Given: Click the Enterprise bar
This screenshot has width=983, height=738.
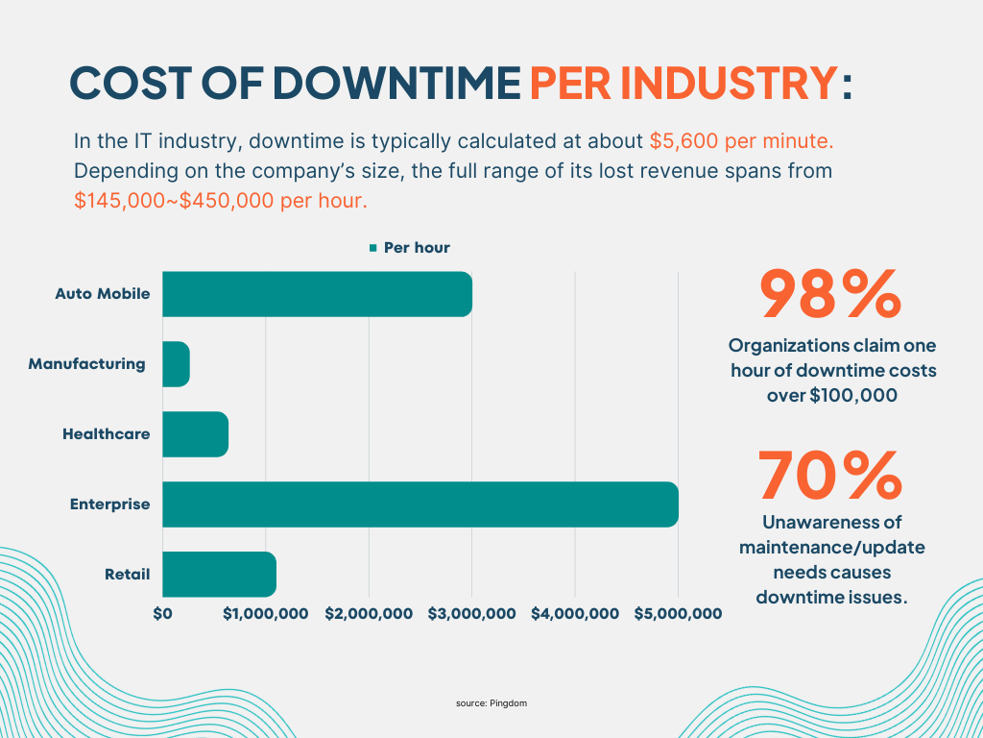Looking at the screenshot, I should [420, 504].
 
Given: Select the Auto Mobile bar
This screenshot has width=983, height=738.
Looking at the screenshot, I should [317, 294].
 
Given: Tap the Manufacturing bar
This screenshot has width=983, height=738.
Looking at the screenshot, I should [176, 364].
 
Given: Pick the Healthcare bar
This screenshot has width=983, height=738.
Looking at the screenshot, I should [195, 434].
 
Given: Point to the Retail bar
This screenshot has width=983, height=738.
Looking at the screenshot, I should [219, 575].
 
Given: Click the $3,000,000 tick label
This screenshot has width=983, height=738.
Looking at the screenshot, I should [472, 613].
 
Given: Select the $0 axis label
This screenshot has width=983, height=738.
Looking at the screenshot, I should [162, 613].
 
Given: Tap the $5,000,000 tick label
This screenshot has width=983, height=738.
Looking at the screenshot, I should [678, 613].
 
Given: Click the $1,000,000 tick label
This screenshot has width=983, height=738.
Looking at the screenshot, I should [266, 613].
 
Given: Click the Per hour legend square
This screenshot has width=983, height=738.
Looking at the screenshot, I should [373, 248].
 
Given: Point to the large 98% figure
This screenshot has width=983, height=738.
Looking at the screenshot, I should [831, 295].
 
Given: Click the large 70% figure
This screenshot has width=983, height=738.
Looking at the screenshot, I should [831, 476].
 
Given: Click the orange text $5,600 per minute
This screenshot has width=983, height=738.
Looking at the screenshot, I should [741, 141].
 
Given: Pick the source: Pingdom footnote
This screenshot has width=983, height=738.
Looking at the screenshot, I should [491, 703].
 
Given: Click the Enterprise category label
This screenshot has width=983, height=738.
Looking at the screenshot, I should [109, 504].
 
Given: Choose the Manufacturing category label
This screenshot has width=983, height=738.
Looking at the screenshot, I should [86, 364].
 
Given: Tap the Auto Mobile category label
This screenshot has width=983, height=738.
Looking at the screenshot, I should [102, 294].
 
